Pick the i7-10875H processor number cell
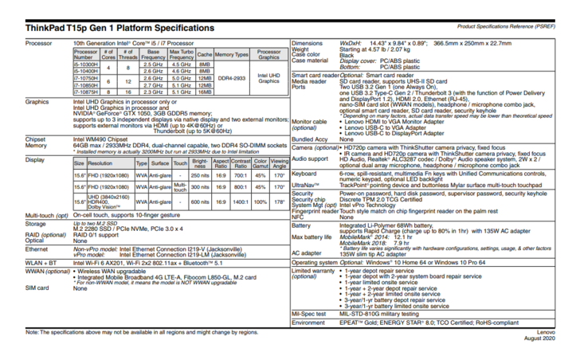click(85, 92)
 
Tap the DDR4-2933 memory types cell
click(232, 77)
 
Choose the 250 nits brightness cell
click(200, 174)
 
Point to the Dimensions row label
click(308, 42)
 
